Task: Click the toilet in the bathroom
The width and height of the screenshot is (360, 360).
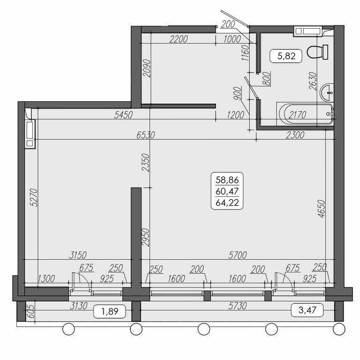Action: tap(317, 52)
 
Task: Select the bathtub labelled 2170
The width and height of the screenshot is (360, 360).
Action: tap(305, 114)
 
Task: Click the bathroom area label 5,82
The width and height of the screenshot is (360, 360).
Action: tap(286, 56)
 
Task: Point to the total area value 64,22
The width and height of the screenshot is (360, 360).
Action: tap(227, 202)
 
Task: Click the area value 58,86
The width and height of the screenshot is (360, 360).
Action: tap(227, 180)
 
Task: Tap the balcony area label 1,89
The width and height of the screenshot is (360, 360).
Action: tap(110, 311)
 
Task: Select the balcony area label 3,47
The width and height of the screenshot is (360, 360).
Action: tap(307, 310)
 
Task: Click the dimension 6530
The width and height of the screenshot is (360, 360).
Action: tap(146, 135)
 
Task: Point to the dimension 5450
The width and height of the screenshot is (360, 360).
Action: tap(124, 115)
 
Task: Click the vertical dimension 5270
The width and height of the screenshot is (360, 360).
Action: tap(34, 197)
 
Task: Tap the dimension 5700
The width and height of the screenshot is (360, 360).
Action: tap(237, 255)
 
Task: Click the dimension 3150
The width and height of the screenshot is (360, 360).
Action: tap(78, 255)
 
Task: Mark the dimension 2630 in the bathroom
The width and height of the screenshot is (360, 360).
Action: tap(313, 81)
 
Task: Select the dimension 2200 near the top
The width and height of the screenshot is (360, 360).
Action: tap(179, 39)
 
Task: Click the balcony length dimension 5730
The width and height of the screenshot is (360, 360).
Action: tap(237, 306)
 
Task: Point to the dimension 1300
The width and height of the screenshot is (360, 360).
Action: tap(46, 279)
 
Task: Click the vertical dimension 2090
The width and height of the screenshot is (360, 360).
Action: tap(146, 68)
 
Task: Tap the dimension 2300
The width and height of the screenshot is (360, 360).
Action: tap(295, 135)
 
